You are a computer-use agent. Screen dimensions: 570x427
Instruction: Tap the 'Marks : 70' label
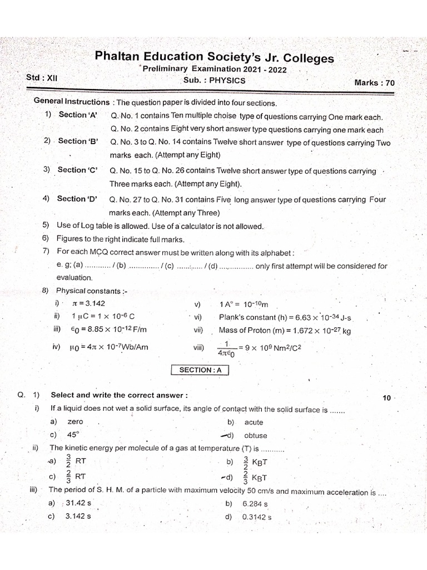click(x=374, y=82)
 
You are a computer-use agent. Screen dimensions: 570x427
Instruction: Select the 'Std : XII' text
click(x=42, y=78)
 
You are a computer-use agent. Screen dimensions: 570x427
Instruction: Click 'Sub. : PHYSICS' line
click(x=214, y=80)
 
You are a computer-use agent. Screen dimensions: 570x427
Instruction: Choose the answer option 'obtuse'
click(x=255, y=435)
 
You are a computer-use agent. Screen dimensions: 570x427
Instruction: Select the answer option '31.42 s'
click(x=78, y=503)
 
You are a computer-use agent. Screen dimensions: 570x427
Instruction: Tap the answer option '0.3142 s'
click(x=257, y=517)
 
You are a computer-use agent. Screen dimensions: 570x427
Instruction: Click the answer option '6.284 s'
click(x=255, y=504)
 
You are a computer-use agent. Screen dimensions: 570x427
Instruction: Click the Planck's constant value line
click(x=285, y=317)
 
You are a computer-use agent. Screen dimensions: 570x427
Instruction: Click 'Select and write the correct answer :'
click(x=119, y=395)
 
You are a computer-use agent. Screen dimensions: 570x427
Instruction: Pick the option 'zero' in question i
click(x=75, y=422)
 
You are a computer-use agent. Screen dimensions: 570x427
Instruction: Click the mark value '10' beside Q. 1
click(x=388, y=398)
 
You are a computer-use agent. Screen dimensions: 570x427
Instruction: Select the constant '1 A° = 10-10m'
click(x=244, y=304)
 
